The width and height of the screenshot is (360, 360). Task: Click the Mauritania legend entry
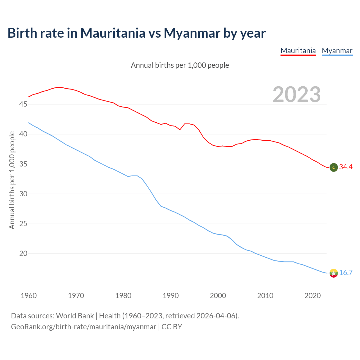(x=298, y=51)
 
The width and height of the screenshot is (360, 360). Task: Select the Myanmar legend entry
(x=337, y=51)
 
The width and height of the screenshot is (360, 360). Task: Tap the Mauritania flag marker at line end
(x=334, y=167)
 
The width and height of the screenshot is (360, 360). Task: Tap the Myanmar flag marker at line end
(x=334, y=273)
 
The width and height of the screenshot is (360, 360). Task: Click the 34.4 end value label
(x=346, y=167)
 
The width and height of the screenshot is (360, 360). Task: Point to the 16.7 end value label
(x=346, y=273)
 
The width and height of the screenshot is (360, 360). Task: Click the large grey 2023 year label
(x=297, y=94)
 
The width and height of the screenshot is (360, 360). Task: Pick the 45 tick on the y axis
(x=23, y=104)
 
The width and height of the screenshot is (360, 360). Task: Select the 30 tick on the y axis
(x=23, y=194)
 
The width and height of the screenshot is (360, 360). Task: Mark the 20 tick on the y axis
(x=23, y=254)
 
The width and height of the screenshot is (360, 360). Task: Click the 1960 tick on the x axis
(x=29, y=296)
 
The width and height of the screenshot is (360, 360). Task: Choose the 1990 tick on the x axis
(x=171, y=296)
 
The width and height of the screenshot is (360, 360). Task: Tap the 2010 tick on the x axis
(x=265, y=296)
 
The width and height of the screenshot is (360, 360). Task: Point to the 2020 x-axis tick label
(x=312, y=296)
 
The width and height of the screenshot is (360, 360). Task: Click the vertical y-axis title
(x=12, y=180)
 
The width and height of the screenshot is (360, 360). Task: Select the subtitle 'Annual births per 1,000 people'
(x=180, y=65)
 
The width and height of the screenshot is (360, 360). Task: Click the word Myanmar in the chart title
(x=192, y=33)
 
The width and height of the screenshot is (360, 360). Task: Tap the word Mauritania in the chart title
(x=113, y=33)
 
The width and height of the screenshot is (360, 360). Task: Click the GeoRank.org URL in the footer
(x=84, y=327)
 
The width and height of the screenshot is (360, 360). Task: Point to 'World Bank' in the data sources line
(x=75, y=316)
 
